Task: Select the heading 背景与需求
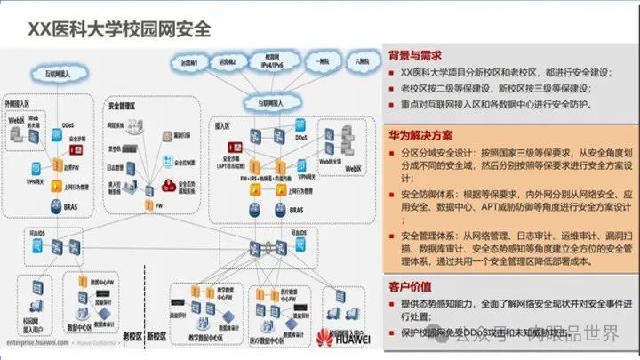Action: click(x=416, y=55)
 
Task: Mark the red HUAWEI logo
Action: click(x=337, y=338)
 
